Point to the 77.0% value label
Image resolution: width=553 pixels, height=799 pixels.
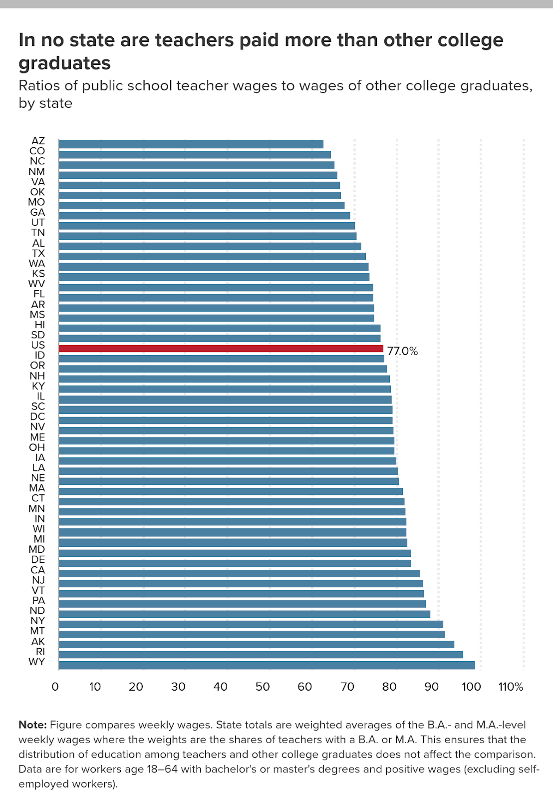click(402, 351)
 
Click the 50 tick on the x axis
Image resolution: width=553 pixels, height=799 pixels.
click(263, 687)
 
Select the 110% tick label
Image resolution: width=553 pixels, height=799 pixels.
click(511, 687)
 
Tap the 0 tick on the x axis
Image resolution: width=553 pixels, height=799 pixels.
click(55, 687)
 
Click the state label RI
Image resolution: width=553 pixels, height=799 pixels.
click(40, 652)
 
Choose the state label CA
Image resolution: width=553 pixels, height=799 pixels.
click(38, 570)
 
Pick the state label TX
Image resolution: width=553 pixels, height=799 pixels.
click(38, 253)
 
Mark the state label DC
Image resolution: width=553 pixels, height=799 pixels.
click(38, 416)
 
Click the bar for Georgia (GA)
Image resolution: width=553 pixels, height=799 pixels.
click(204, 216)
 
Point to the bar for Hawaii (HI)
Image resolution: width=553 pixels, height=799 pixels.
click(220, 328)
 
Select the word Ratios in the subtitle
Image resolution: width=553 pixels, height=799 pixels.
click(40, 85)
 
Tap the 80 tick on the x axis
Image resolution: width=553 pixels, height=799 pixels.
click(389, 687)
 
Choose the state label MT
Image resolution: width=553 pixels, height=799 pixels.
click(38, 631)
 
